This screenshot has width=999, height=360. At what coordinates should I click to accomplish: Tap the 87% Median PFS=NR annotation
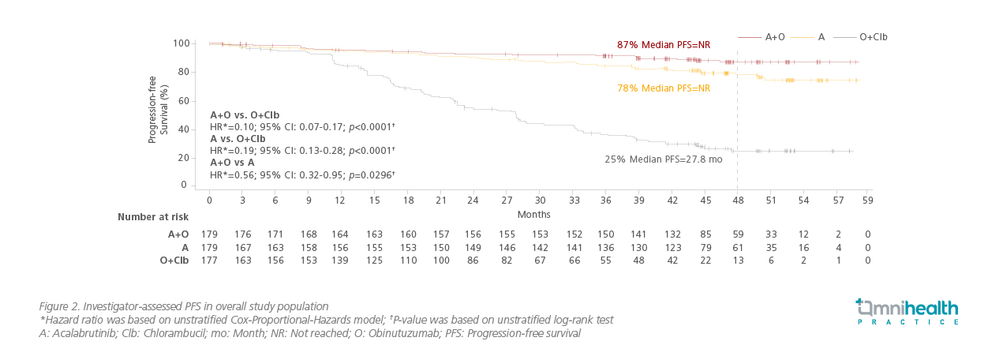[x=663, y=44]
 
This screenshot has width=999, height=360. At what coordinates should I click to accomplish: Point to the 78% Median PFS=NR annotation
[x=663, y=88]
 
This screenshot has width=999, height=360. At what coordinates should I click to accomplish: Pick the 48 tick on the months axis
[x=737, y=201]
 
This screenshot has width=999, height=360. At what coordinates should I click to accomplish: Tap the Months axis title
[x=534, y=214]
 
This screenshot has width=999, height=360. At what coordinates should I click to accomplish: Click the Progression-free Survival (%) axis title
[x=158, y=110]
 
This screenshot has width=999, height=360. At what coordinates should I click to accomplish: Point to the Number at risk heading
[x=153, y=216]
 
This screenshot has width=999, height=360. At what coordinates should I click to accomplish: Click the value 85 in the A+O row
[x=705, y=234]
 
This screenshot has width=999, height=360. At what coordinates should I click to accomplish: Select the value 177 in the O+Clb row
[x=208, y=260]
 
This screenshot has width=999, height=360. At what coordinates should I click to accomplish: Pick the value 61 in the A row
[x=739, y=247]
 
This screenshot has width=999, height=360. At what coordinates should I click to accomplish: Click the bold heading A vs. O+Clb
[x=245, y=138]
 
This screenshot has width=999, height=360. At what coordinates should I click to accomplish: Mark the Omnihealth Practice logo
[x=907, y=311]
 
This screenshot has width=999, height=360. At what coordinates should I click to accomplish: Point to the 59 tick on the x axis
[x=868, y=201]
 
